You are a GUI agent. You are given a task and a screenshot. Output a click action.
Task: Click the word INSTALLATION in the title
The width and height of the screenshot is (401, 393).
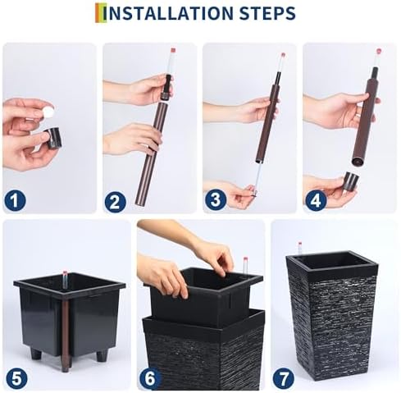coord(168,13)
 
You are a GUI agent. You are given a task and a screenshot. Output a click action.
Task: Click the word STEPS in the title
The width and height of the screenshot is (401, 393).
coord(267,13)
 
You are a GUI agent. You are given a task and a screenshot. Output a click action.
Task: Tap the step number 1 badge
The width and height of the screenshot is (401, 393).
coord(15,200)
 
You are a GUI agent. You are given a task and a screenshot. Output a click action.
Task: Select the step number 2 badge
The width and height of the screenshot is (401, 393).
coord(115,202)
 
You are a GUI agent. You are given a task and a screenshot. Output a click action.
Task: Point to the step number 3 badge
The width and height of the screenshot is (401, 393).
coord(216,199)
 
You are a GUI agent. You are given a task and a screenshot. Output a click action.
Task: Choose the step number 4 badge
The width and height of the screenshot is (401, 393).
coord(316,201)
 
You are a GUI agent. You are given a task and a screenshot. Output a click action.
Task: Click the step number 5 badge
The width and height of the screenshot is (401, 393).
coord(16,379)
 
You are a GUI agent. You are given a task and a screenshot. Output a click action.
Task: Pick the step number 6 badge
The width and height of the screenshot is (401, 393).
coord(150,378)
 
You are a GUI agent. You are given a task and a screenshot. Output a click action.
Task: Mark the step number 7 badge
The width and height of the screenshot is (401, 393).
coord(284,378)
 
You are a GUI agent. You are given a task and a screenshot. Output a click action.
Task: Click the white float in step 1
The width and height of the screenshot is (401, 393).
coord(48,112)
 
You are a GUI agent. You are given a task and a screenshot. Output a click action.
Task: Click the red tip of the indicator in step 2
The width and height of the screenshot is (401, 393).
coord(173,51)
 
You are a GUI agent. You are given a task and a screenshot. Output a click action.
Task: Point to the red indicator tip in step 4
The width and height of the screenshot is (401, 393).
coord(379,51)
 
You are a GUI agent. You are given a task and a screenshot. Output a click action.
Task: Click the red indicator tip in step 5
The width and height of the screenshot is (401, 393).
coord(65,272)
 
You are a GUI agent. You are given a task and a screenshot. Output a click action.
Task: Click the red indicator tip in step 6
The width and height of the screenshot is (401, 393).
coord(245,259)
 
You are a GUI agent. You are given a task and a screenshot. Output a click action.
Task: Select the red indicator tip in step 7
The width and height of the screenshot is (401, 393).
coord(300,244)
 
